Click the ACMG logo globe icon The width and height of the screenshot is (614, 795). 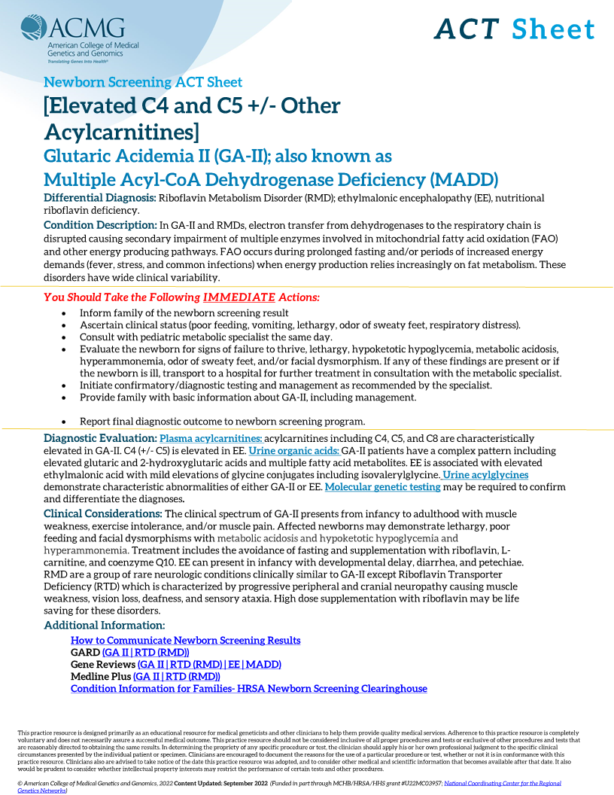coord(34,29)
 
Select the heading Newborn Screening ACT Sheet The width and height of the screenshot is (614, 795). coord(143,82)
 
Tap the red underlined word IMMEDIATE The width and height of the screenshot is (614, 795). coord(233,297)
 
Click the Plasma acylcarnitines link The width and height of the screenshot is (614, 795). coord(211,438)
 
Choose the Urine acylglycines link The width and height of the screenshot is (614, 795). coord(485,475)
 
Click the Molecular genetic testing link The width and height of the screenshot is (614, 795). coord(382,487)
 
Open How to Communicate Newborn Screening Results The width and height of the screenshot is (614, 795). coord(185,641)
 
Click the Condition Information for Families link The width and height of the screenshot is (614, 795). coord(248,689)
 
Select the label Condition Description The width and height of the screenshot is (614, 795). coord(99,225)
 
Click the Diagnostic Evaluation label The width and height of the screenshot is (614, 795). coord(99,438)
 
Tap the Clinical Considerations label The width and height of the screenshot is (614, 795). coord(102,513)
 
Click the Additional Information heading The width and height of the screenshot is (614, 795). coord(104,626)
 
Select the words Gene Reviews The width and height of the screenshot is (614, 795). coord(103,665)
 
